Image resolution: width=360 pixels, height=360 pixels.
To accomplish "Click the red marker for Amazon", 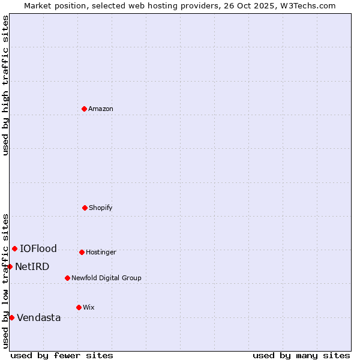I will click(84, 109).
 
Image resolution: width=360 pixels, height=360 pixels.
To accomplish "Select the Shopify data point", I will click(85, 208).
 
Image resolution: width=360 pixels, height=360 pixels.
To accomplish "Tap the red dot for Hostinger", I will click(82, 252).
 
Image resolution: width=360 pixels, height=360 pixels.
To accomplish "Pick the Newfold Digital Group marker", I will click(67, 278).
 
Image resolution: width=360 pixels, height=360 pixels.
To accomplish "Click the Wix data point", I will click(79, 307).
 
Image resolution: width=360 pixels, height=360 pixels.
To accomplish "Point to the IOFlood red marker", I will click(14, 248).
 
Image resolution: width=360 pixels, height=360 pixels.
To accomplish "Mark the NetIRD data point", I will click(10, 266).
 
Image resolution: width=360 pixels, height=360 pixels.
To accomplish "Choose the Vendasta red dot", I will click(11, 317).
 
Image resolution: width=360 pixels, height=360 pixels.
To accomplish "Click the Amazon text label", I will click(101, 109).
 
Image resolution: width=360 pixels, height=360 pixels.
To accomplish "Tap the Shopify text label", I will click(101, 208).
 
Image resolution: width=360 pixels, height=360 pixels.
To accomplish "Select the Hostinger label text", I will click(101, 253).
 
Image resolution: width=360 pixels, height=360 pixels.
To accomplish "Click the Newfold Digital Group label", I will click(106, 278).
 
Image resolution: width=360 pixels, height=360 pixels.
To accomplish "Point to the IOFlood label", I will click(38, 249).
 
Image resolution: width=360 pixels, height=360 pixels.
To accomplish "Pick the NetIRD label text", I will click(32, 267).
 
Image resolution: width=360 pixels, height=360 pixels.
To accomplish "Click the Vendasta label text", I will click(39, 318).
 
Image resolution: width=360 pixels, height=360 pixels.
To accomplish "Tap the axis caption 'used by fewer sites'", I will click(62, 355).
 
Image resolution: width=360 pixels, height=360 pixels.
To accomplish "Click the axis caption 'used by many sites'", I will click(301, 355).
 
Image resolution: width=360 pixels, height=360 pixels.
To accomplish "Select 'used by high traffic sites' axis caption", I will click(5, 85).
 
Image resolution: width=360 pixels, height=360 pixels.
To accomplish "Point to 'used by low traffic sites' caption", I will click(5, 280).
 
